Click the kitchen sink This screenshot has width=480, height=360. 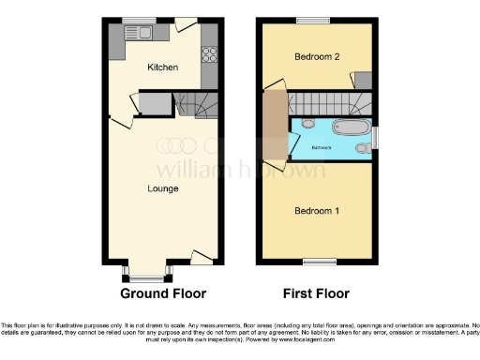pyautogui.click(x=143, y=35)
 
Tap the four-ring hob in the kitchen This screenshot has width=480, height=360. pyautogui.click(x=209, y=54)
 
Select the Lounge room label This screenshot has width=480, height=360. pyautogui.click(x=163, y=188)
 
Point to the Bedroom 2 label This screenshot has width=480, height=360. pyautogui.click(x=317, y=57)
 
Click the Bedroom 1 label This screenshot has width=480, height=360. pyautogui.click(x=317, y=210)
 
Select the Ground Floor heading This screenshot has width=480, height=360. pyautogui.click(x=163, y=293)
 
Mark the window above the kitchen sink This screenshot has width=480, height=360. pyautogui.click(x=142, y=21)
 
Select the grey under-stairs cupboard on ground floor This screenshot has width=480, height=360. pyautogui.click(x=154, y=102)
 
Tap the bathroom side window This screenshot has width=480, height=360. pyautogui.click(x=375, y=138)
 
